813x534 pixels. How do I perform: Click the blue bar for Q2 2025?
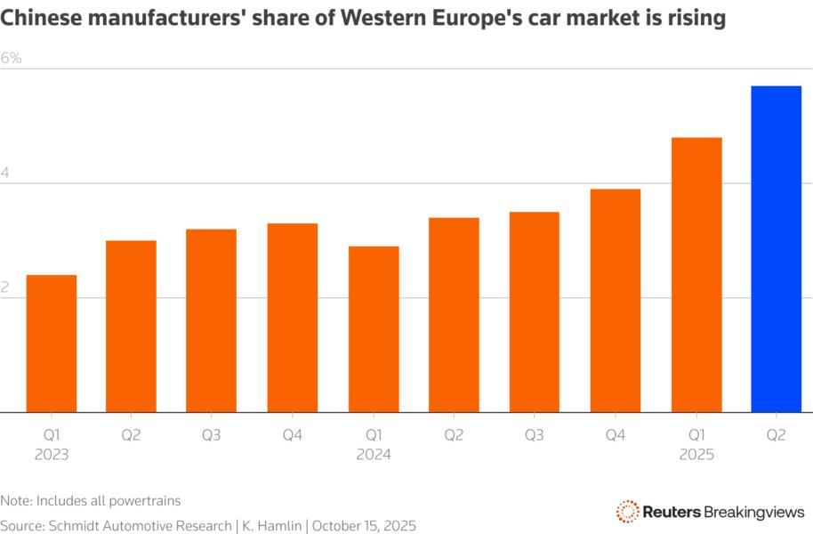pyautogui.click(x=777, y=249)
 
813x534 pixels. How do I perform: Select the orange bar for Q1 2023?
pyautogui.click(x=51, y=344)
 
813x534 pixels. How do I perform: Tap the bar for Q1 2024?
pyautogui.click(x=374, y=329)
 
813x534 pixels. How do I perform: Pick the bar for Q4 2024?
pyautogui.click(x=616, y=301)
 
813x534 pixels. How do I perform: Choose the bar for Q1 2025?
pyautogui.click(x=696, y=275)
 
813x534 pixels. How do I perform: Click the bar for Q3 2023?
pyautogui.click(x=212, y=320)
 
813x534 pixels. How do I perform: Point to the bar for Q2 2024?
pyautogui.click(x=454, y=315)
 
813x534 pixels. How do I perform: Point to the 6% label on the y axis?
pyautogui.click(x=12, y=59)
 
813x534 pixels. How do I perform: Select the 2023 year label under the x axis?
pyautogui.click(x=51, y=454)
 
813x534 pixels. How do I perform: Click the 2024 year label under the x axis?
pyautogui.click(x=374, y=454)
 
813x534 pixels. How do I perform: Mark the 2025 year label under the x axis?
pyautogui.click(x=696, y=454)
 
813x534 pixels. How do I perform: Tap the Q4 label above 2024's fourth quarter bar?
pyautogui.click(x=616, y=434)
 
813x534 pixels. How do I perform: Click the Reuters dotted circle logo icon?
pyautogui.click(x=628, y=511)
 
